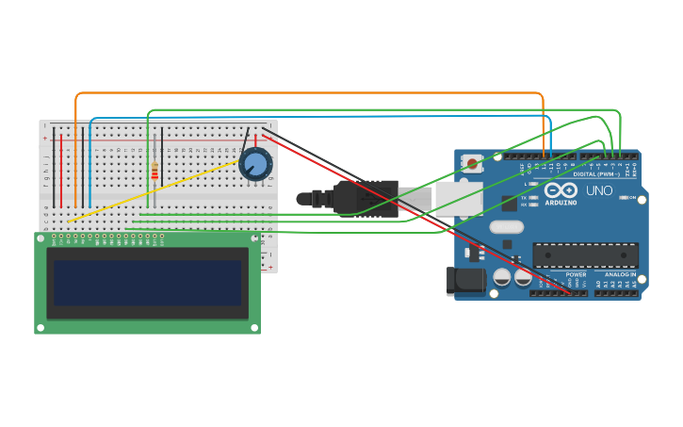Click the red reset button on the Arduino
(x=472, y=163)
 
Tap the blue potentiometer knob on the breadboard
(x=254, y=165)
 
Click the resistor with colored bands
(x=154, y=171)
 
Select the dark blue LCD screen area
(x=147, y=283)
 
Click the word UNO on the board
(x=599, y=190)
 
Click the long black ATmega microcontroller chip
(x=585, y=255)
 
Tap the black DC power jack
(x=464, y=280)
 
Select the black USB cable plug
(x=367, y=199)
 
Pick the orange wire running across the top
(x=311, y=93)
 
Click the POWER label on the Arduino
(x=576, y=274)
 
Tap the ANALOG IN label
(x=620, y=274)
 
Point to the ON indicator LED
(x=623, y=197)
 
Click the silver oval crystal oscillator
(x=506, y=226)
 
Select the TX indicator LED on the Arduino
(x=534, y=197)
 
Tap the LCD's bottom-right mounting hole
(x=253, y=327)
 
